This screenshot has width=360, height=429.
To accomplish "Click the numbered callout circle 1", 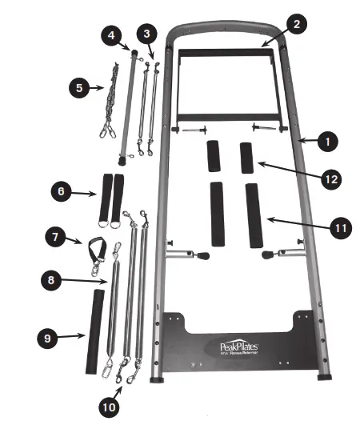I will [x=326, y=141].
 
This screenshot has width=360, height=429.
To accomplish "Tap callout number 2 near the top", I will [x=296, y=24].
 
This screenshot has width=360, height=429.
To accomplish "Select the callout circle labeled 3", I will [x=145, y=34].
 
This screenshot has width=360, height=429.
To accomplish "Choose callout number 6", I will [x=61, y=191].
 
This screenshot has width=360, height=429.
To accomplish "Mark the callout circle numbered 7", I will [x=55, y=237].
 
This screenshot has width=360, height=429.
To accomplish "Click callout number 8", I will [x=52, y=280].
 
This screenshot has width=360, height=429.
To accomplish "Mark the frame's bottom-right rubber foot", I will [x=326, y=376].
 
